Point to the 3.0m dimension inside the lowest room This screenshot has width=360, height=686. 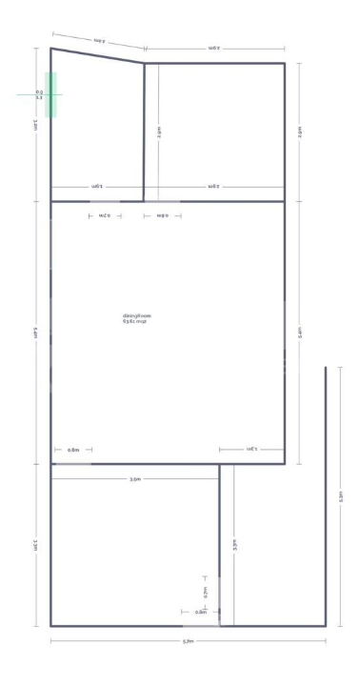(x=135, y=479)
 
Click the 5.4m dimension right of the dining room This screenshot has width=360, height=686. (x=300, y=333)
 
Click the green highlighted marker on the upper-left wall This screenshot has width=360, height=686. (x=50, y=94)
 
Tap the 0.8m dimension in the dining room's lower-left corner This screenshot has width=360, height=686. (x=73, y=450)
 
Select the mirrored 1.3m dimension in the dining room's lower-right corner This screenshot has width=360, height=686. (x=251, y=450)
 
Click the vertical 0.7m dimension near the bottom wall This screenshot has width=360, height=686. (x=205, y=591)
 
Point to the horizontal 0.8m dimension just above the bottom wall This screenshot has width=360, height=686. (x=200, y=612)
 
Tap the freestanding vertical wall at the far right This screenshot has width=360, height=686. (x=327, y=495)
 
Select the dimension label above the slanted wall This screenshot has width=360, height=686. (x=100, y=40)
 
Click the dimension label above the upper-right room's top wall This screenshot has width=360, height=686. (x=213, y=48)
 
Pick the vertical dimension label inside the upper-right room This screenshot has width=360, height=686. (x=159, y=132)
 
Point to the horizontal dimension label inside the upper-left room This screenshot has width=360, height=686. (x=96, y=186)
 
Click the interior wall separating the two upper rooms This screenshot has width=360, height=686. (x=144, y=133)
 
